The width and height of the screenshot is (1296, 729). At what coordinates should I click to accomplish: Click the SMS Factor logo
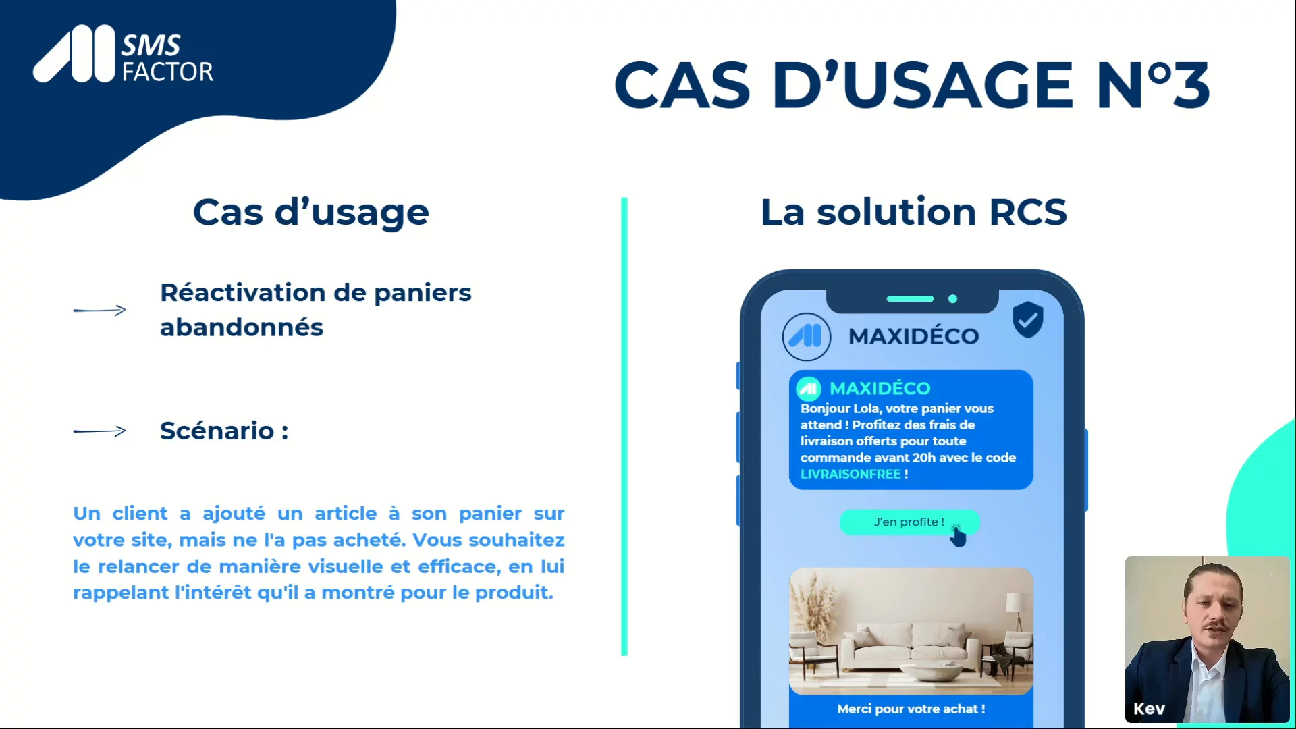coord(124,55)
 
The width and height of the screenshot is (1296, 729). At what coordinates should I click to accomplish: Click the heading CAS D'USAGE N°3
coord(912,85)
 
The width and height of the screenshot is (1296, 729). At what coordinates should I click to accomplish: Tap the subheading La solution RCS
coord(914,212)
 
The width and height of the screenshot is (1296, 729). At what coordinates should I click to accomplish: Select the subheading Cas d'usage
coord(311,213)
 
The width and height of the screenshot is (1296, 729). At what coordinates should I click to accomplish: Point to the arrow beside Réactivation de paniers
coord(100,310)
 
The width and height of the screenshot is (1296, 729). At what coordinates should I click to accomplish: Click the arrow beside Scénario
coord(100,431)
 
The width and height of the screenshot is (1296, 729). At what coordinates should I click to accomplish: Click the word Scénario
coord(217,431)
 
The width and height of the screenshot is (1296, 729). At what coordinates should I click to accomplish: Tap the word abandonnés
coord(242,327)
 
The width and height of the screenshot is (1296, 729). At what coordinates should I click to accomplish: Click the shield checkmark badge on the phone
coord(1028,319)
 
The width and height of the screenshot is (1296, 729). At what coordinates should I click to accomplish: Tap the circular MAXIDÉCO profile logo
coord(807,336)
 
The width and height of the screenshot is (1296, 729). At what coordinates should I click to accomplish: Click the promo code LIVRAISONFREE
coord(850,474)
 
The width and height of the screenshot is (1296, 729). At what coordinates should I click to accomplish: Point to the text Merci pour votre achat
coord(911,709)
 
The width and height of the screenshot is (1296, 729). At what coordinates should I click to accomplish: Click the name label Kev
coord(1149,709)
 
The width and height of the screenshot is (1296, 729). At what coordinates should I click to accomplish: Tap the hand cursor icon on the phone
coord(958,536)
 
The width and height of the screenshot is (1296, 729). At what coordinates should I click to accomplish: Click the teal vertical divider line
coord(624,427)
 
